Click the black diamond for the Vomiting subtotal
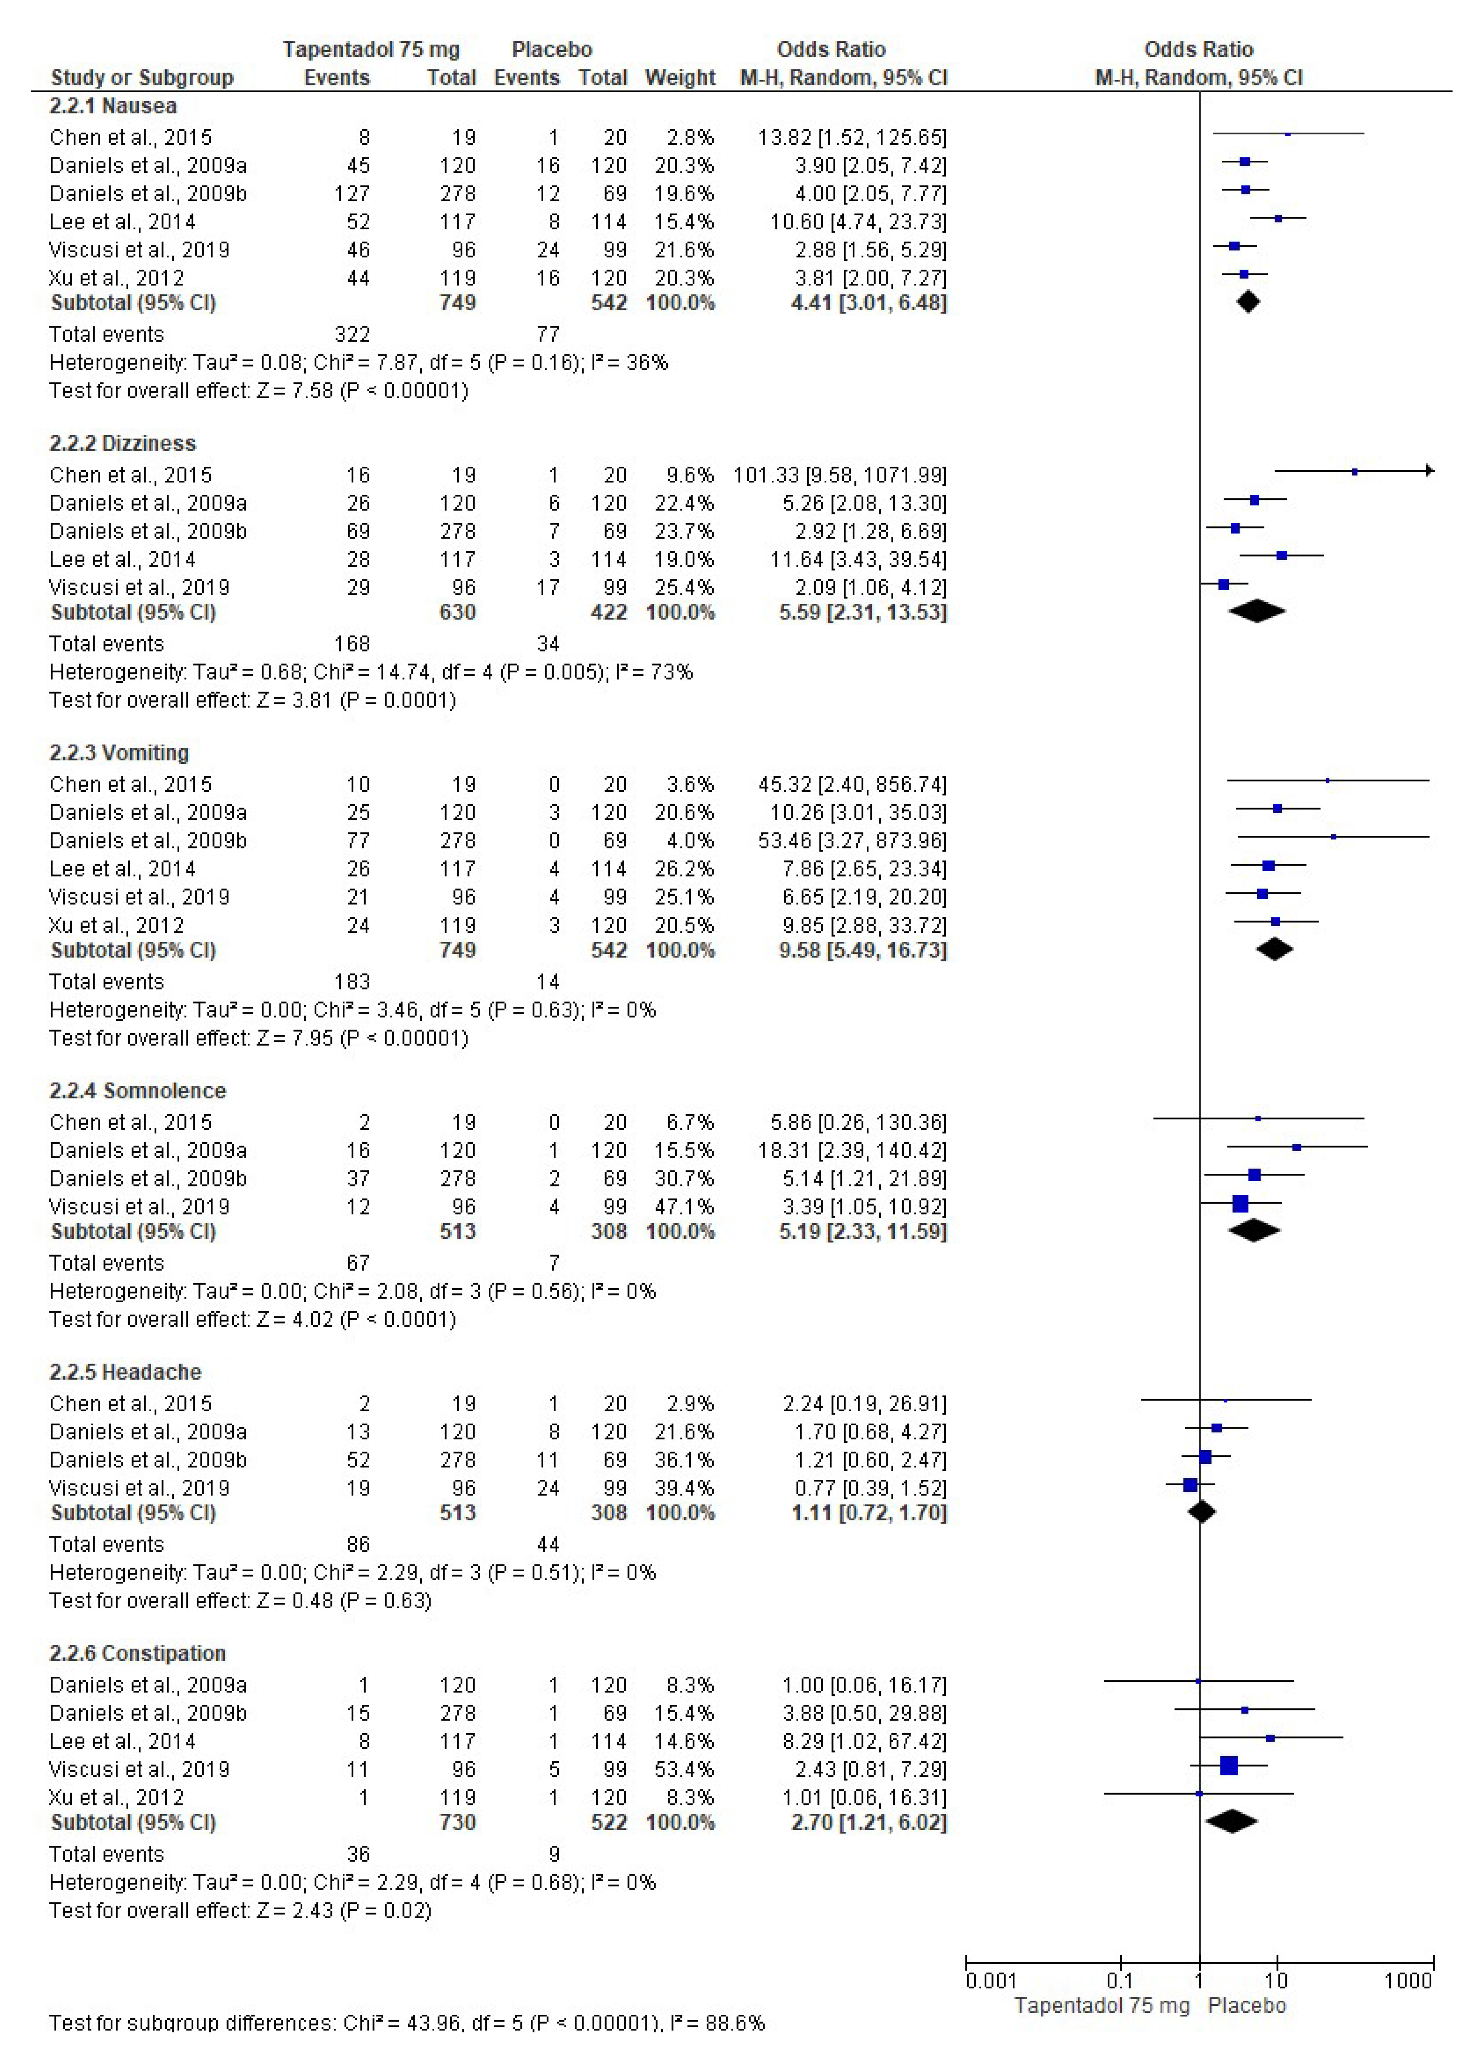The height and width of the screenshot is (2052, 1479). pos(1275,949)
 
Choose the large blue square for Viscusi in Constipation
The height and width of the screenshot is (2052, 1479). pos(1228,1765)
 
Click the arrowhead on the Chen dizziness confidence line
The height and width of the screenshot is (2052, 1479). pos(1429,470)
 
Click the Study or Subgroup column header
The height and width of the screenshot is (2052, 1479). pos(142,78)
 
